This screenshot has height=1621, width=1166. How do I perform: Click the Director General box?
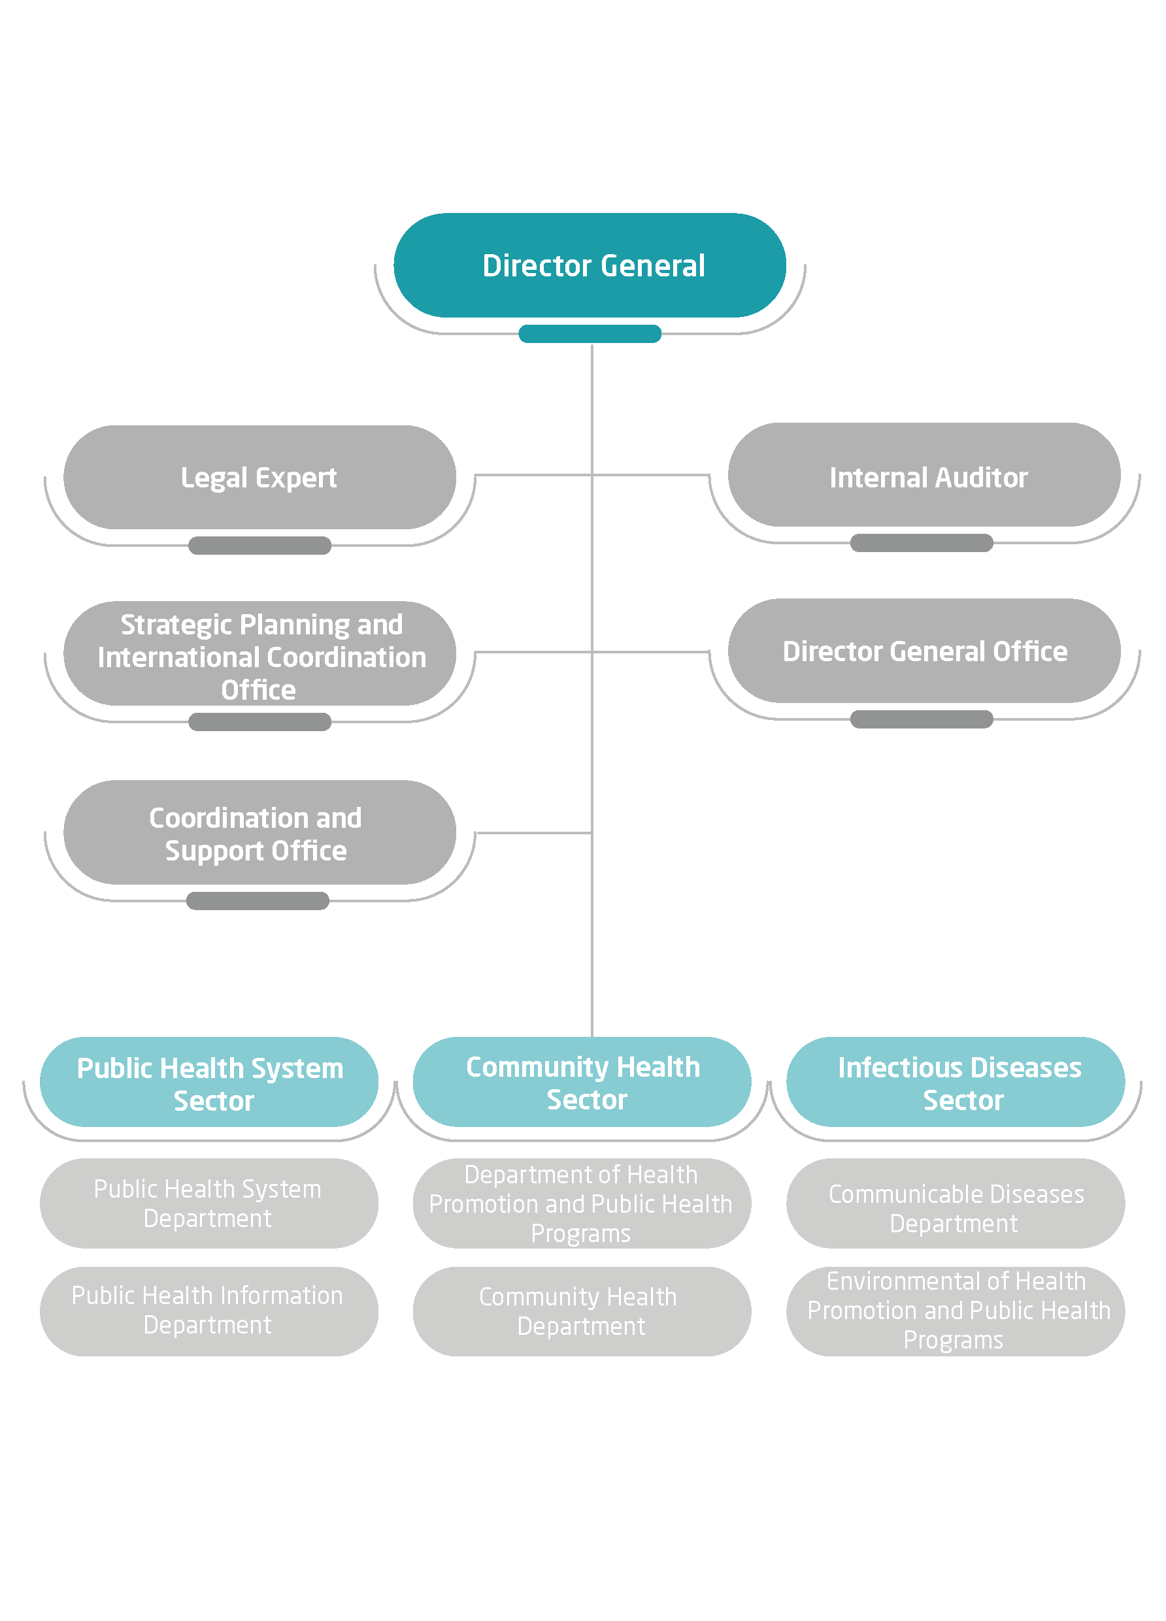589,265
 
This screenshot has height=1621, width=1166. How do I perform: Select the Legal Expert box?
259,478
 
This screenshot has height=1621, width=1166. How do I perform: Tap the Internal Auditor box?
923,474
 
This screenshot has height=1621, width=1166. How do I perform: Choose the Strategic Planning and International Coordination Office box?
259,653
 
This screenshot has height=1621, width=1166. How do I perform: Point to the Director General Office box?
923,650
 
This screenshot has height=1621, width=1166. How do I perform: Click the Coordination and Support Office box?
259,832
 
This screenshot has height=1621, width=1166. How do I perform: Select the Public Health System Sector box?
208,1082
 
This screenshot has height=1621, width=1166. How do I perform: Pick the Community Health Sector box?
581,1082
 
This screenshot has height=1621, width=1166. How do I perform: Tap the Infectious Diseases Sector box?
954,1082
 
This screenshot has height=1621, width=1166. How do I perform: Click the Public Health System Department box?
208,1203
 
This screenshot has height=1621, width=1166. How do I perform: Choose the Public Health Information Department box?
208,1311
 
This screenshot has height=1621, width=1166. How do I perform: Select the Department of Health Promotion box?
581,1203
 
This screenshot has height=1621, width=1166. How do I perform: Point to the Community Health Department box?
581,1311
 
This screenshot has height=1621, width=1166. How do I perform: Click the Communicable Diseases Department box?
954,1203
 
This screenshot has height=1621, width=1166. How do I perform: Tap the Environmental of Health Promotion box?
954,1311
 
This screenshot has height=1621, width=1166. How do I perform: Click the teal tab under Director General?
589,334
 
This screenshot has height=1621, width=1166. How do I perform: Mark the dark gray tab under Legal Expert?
259,546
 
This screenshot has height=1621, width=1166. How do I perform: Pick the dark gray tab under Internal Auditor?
921,542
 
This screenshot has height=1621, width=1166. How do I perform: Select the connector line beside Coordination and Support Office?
533,832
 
